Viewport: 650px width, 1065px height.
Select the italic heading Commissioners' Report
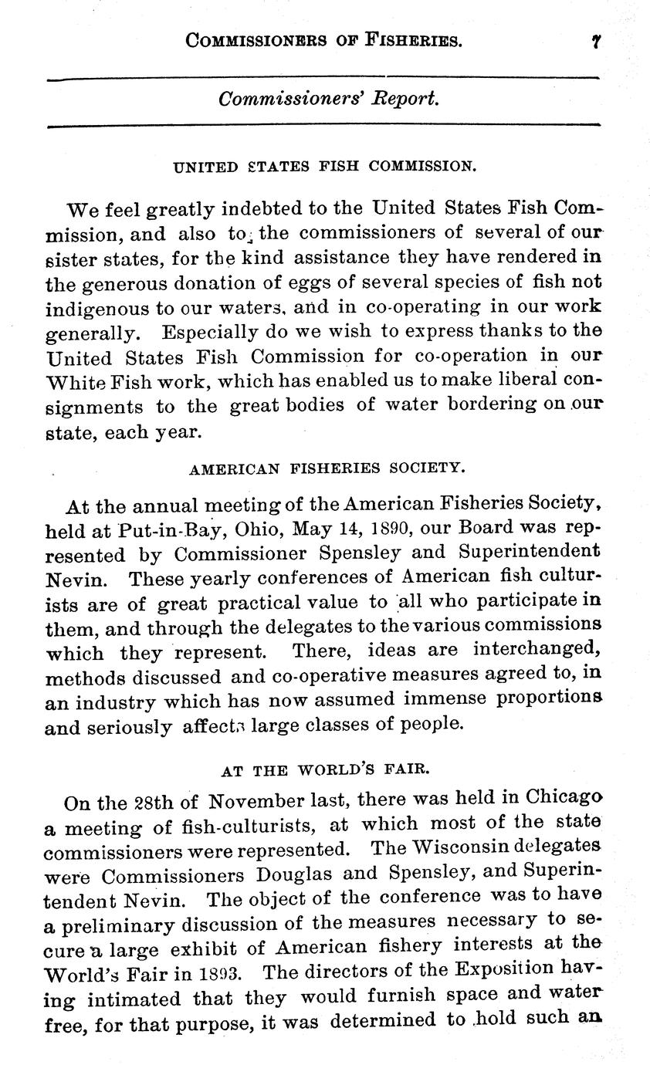(x=330, y=100)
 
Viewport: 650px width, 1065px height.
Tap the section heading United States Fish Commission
(x=323, y=166)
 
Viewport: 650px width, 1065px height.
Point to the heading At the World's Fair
(x=325, y=769)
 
